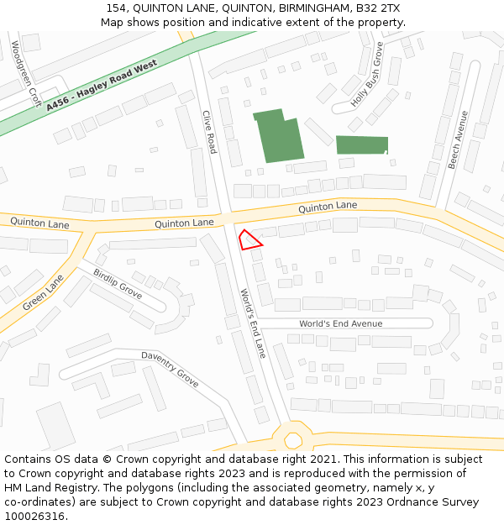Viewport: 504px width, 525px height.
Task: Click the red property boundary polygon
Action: point(249,239)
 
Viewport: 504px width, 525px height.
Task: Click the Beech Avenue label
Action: point(457,139)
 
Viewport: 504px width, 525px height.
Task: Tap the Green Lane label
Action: point(43,292)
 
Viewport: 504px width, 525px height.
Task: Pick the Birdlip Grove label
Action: point(118,284)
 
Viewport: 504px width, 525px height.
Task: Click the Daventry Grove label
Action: point(170,369)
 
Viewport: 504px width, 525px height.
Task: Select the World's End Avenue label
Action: point(340,323)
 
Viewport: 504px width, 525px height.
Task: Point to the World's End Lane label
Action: point(252,323)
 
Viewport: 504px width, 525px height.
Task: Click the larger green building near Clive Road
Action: point(278,134)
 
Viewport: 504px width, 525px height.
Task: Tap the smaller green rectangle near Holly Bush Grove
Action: point(362,144)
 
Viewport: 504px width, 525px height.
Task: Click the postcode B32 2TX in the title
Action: point(378,8)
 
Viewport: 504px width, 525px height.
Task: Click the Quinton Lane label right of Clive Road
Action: point(328,206)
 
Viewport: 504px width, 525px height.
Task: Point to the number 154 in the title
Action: point(117,8)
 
